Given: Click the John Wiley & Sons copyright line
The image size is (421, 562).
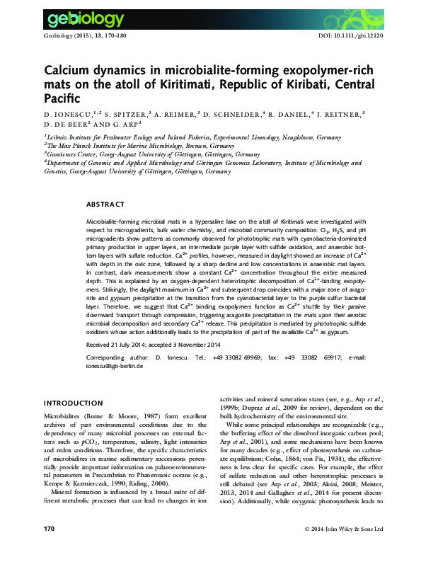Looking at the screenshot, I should pyautogui.click(x=343, y=549).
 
